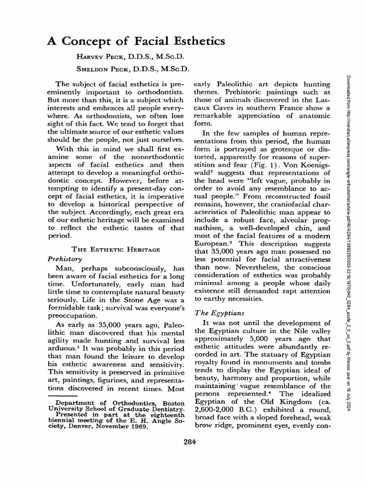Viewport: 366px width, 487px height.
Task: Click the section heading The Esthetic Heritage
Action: coord(115,249)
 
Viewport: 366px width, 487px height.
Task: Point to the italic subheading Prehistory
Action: coord(66,259)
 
